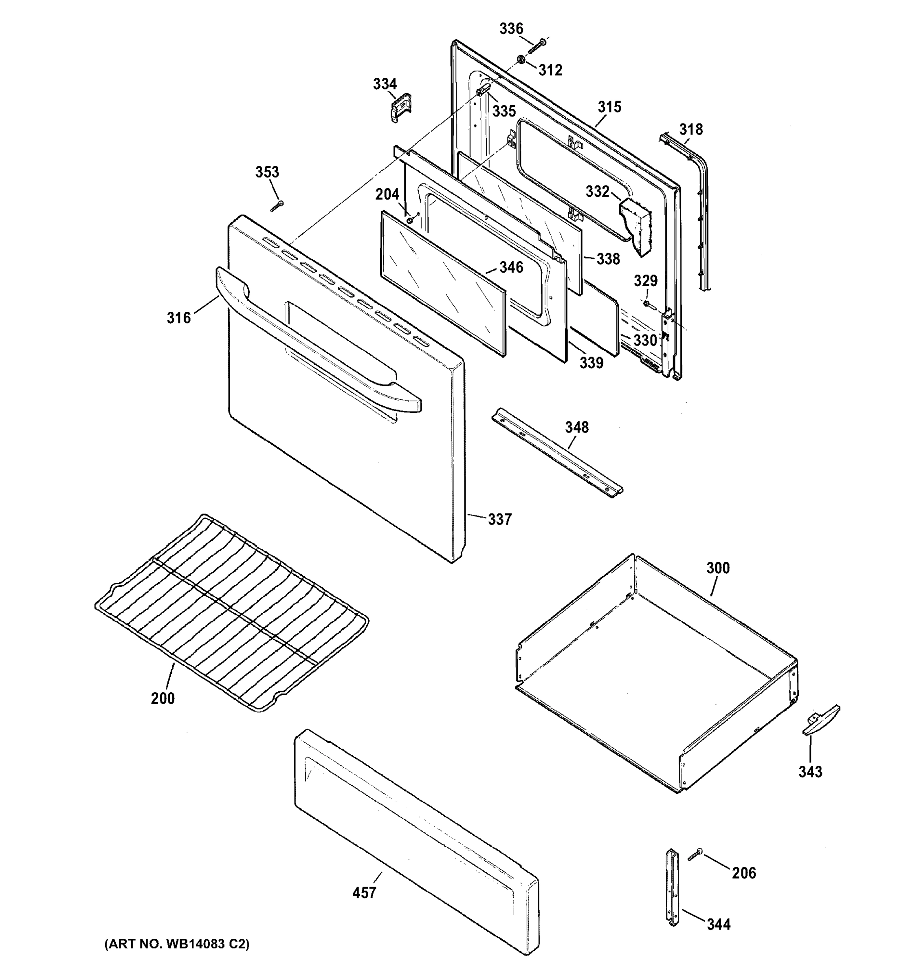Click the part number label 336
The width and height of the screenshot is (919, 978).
click(511, 29)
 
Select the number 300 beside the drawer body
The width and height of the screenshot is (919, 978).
click(718, 568)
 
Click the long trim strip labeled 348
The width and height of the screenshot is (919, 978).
click(557, 453)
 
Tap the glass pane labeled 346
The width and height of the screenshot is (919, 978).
click(442, 283)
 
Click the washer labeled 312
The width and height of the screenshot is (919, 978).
click(520, 60)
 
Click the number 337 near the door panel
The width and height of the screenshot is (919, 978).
click(499, 519)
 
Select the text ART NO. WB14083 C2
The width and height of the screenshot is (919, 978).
click(177, 944)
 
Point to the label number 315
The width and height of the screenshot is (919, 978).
click(609, 107)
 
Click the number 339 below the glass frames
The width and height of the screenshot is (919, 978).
click(591, 363)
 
